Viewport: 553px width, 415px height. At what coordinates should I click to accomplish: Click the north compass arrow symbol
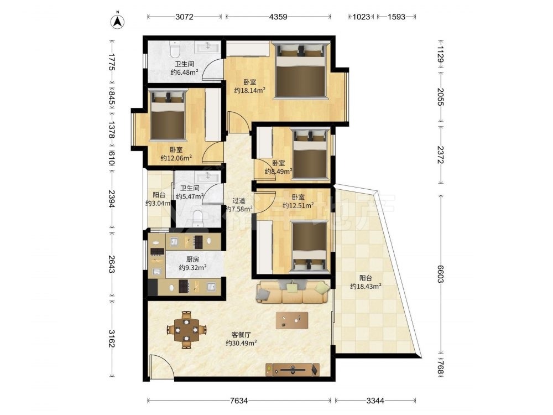point(118,20)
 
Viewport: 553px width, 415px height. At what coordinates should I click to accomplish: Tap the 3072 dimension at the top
point(185,17)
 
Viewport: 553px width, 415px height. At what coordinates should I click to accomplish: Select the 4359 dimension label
point(278,17)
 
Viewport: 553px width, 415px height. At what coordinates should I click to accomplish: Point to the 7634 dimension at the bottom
point(239,401)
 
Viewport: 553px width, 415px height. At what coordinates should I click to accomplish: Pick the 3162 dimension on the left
point(112,339)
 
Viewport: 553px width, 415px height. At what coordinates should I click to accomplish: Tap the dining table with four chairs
point(186,330)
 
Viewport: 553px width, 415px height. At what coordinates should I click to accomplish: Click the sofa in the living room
point(293,292)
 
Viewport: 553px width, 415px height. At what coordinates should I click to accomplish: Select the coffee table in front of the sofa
point(292,320)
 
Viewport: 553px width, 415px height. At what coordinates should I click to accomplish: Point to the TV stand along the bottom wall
point(293,370)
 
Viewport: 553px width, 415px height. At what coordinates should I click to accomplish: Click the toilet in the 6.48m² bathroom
point(175,49)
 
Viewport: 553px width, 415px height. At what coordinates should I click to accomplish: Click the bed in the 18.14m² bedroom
point(300,71)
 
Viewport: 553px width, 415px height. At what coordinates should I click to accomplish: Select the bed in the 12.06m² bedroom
point(168,115)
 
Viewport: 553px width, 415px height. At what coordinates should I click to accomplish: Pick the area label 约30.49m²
point(241,343)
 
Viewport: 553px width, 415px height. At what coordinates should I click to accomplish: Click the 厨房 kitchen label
point(192,260)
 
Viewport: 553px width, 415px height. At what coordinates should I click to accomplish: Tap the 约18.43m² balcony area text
point(366,286)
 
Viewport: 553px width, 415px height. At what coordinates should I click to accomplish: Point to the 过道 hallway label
point(239,201)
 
